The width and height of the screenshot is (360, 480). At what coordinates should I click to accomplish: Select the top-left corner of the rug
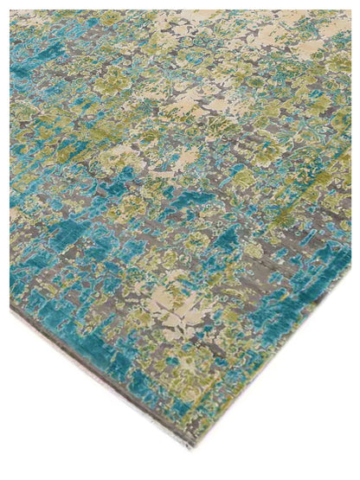pyautogui.click(x=11, y=11)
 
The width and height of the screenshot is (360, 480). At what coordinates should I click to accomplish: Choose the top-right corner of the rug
pyautogui.click(x=350, y=11)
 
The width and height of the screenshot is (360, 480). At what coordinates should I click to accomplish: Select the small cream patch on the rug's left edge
pyautogui.click(x=16, y=212)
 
